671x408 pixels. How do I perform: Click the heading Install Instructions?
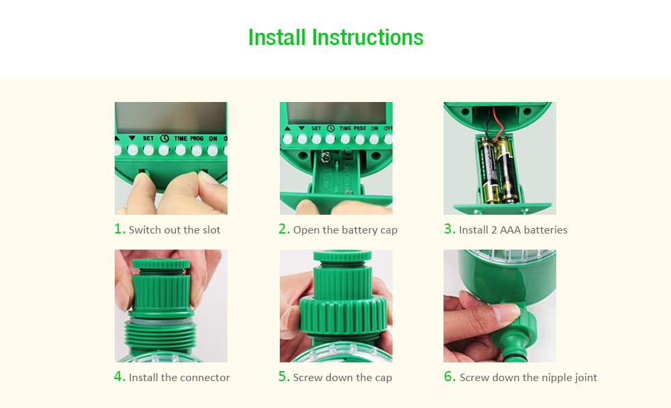click(x=335, y=37)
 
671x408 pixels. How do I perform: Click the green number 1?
click(x=119, y=229)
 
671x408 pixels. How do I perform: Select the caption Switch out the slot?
click(x=174, y=230)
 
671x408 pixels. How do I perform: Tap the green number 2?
click(x=284, y=229)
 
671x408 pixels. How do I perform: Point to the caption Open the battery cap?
click(x=345, y=230)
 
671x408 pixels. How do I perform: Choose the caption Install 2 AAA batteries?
click(x=513, y=230)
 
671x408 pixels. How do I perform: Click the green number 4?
click(x=119, y=376)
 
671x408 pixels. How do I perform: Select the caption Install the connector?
click(x=179, y=378)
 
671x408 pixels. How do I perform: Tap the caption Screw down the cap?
click(x=342, y=378)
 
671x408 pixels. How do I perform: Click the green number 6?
click(x=450, y=376)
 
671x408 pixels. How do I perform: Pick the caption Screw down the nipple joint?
click(x=528, y=378)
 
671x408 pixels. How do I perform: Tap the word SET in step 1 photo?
click(x=148, y=138)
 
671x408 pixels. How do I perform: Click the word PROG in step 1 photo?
click(x=197, y=138)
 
